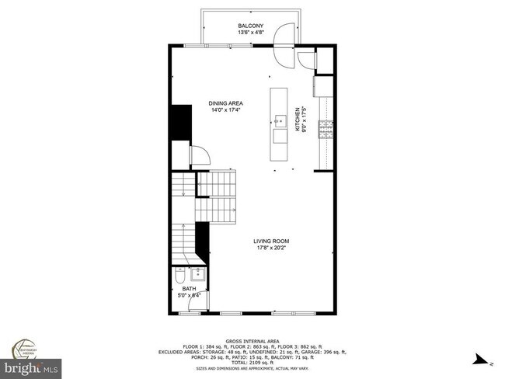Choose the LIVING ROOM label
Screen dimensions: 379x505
[x=271, y=242]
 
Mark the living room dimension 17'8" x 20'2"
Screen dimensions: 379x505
[x=271, y=249]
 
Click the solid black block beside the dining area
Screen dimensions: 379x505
[x=181, y=122]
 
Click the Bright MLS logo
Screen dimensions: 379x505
[x=31, y=365]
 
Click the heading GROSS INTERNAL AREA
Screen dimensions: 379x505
[x=252, y=341]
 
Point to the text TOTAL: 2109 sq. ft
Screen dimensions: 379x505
[x=252, y=363]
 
